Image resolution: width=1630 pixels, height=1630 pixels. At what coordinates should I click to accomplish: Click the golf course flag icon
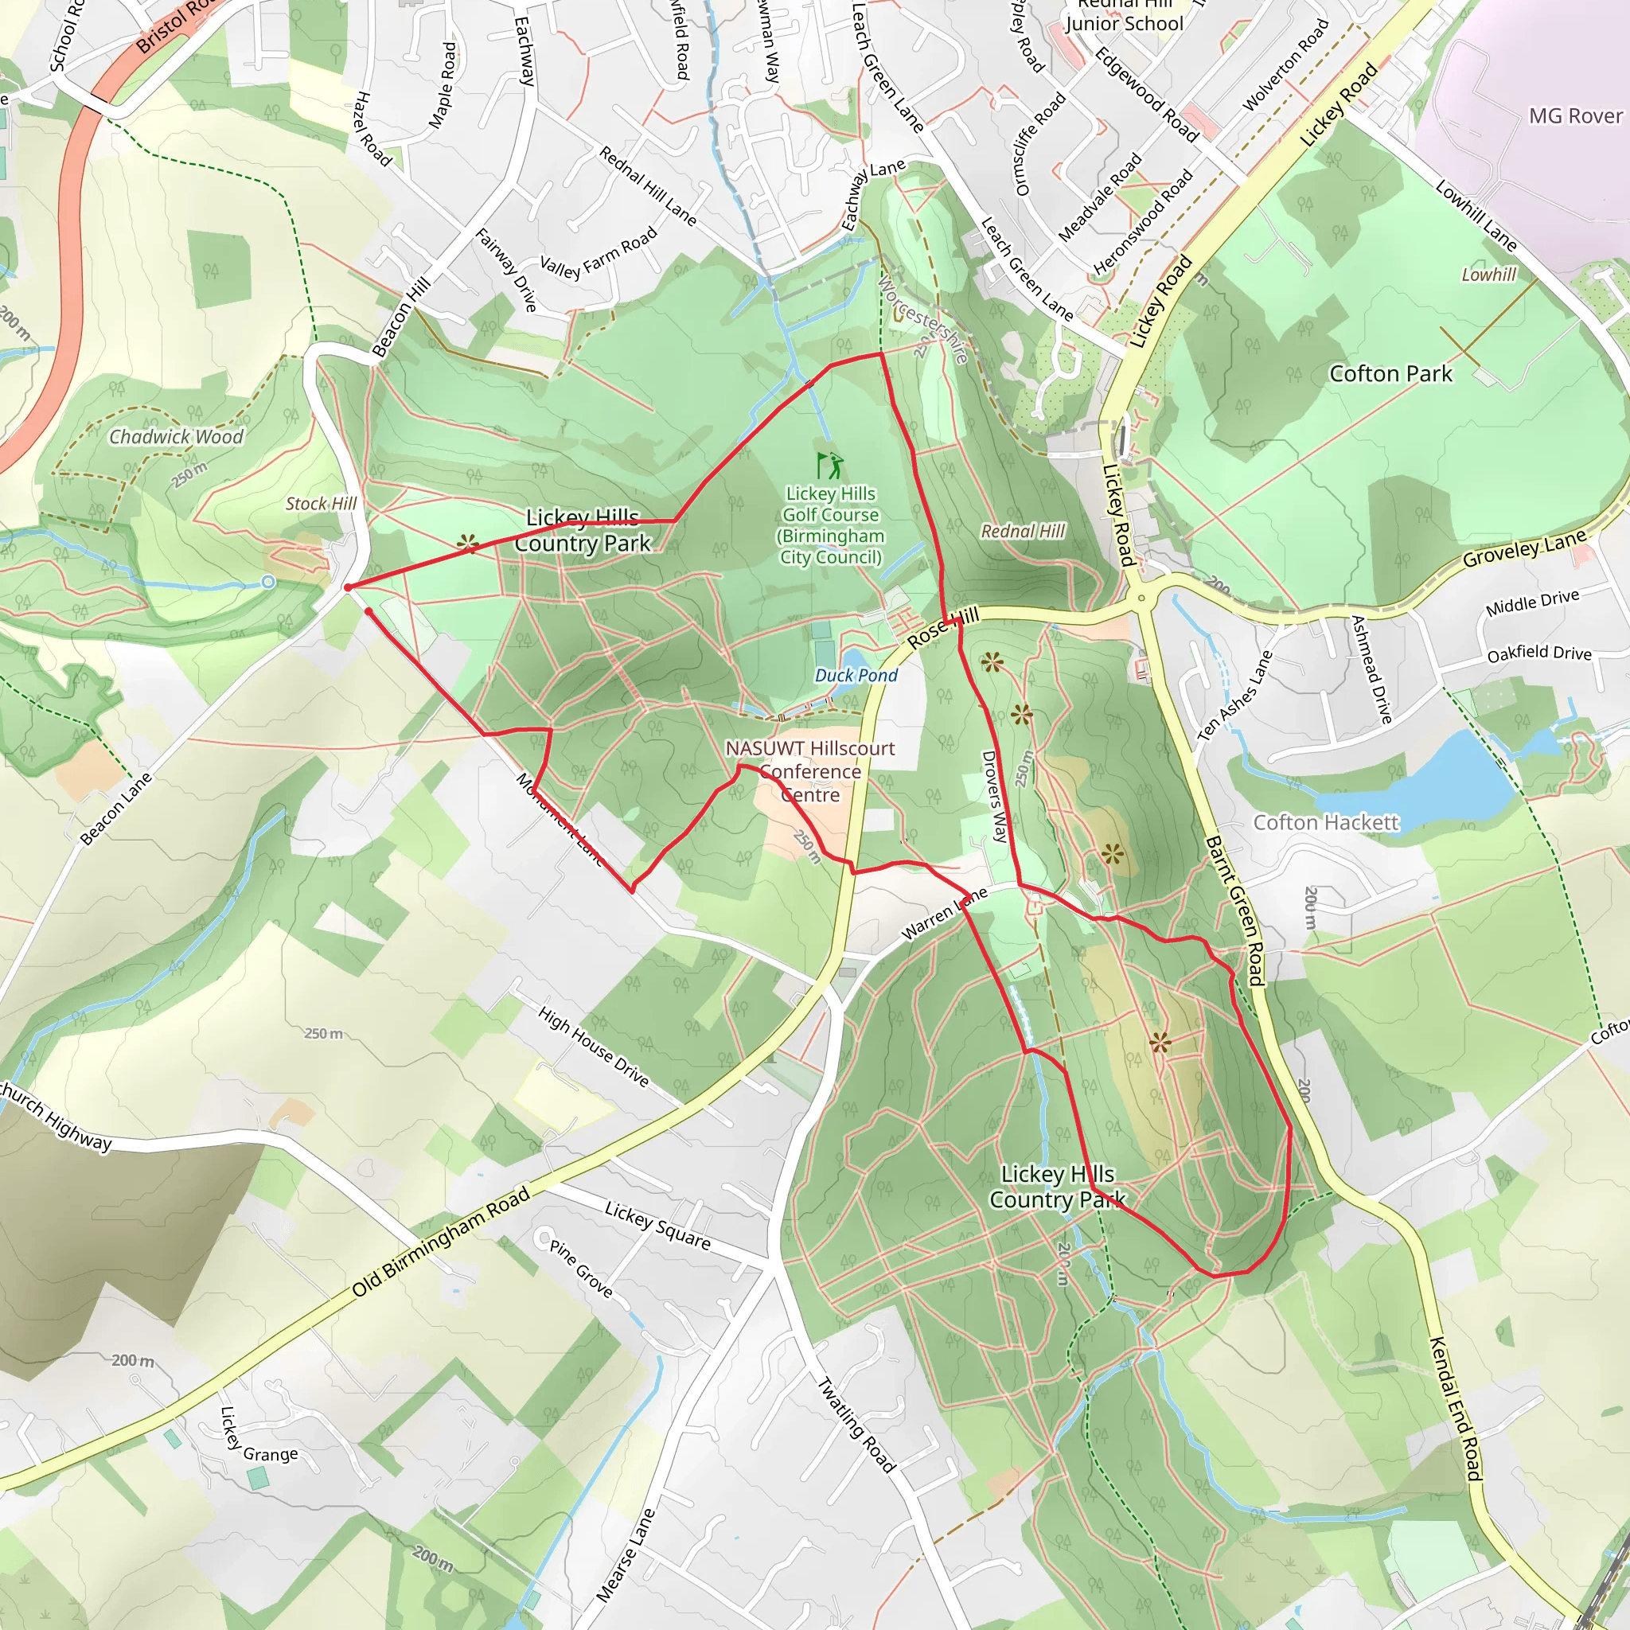[829, 465]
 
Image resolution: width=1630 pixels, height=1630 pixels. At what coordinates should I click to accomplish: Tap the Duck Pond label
[856, 675]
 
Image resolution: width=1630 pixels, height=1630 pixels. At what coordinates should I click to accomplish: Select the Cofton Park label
[1390, 374]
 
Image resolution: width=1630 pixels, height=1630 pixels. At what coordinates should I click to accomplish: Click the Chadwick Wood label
[177, 436]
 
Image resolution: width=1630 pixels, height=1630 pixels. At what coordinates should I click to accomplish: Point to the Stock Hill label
[321, 504]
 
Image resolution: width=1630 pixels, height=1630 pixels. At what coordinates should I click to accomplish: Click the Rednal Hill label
[1023, 531]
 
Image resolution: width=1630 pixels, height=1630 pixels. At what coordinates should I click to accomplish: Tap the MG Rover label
[1575, 115]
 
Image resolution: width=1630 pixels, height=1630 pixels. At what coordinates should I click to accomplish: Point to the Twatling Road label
[856, 1424]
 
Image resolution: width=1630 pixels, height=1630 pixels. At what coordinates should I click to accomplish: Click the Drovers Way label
[995, 797]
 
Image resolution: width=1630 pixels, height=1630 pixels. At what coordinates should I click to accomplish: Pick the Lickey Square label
[657, 1225]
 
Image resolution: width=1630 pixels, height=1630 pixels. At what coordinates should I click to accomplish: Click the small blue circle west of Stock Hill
[268, 582]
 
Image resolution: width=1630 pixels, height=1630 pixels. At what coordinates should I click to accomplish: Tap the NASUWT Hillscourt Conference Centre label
[809, 771]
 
